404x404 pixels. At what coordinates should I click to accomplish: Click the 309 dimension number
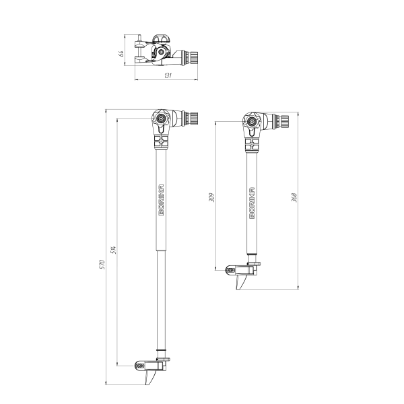211,197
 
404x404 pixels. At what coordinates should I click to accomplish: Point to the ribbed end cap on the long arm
192,119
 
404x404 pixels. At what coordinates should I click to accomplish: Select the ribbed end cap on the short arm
283,122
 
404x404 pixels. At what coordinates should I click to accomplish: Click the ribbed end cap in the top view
192,57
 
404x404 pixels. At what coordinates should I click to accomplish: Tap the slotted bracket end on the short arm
231,271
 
